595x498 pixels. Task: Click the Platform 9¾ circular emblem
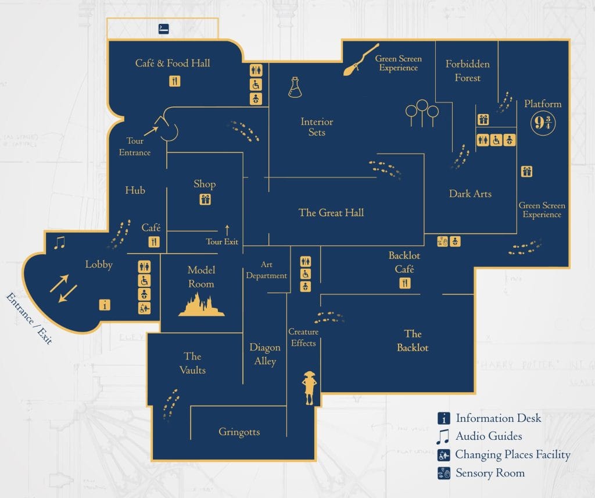click(x=543, y=123)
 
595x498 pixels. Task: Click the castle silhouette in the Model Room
click(x=201, y=304)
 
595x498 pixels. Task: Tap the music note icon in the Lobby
click(x=59, y=242)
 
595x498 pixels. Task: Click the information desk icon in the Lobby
click(x=105, y=304)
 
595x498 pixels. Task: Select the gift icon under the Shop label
click(x=205, y=200)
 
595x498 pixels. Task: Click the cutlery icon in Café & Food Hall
click(x=175, y=81)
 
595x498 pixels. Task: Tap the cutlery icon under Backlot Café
click(x=405, y=283)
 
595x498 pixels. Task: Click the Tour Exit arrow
click(x=227, y=230)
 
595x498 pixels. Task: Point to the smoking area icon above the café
click(x=164, y=29)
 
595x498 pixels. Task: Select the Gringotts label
click(x=239, y=432)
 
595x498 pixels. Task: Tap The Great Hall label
click(x=331, y=212)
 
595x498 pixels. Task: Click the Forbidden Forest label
click(x=468, y=70)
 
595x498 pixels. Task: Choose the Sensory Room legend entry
click(x=490, y=473)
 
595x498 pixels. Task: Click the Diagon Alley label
click(x=265, y=354)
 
